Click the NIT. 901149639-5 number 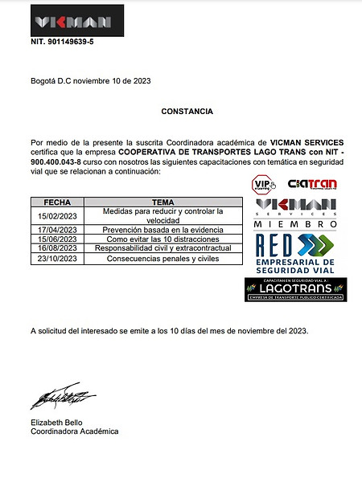[61, 41]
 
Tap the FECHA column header [57, 202]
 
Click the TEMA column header [163, 202]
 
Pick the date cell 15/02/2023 [57, 214]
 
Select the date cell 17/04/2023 [57, 230]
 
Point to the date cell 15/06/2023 [57, 239]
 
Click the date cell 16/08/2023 [57, 248]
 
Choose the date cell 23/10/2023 [57, 259]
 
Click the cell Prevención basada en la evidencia [163, 230]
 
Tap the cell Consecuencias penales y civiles [163, 259]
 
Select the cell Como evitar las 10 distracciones [163, 239]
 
